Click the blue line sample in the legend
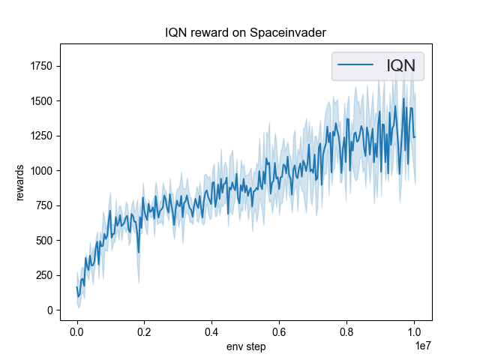356,66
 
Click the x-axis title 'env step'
246,346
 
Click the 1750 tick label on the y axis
40,66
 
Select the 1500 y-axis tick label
40,101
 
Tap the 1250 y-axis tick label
40,136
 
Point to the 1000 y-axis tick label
40,171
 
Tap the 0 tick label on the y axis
49,310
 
